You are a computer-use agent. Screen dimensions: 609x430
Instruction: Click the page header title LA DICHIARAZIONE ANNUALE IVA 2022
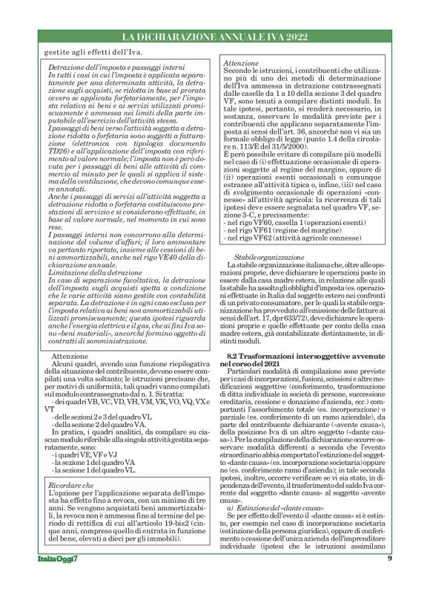[215, 36]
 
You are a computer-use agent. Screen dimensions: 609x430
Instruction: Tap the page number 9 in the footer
[390, 579]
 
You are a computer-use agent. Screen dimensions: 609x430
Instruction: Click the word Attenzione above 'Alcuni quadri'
[70, 356]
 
